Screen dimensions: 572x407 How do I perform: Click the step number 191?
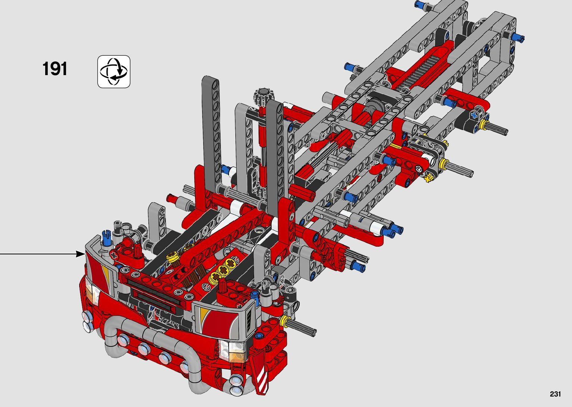55,69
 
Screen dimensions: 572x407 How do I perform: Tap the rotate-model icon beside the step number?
114,72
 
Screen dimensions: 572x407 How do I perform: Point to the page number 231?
555,394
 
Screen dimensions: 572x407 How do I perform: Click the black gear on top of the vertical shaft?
263,96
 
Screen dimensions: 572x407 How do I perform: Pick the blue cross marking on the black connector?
474,115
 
